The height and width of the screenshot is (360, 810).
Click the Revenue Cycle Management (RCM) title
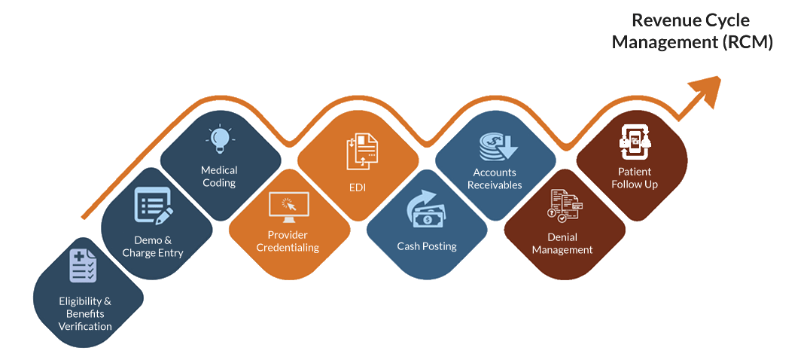click(x=692, y=31)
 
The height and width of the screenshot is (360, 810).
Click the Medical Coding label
click(x=219, y=176)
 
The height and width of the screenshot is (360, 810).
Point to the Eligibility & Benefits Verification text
click(x=85, y=313)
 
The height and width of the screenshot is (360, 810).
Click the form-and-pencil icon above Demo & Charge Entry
click(x=154, y=206)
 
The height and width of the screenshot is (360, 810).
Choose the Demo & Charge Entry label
click(x=153, y=246)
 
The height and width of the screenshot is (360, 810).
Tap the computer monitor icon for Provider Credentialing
click(x=288, y=206)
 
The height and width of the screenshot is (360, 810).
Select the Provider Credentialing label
click(x=288, y=241)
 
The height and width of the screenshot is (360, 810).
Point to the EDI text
click(x=358, y=187)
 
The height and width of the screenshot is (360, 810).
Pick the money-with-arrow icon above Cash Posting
click(x=427, y=211)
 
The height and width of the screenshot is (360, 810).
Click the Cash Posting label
click(x=427, y=246)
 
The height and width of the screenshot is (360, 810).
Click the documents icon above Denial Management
click(x=565, y=206)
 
